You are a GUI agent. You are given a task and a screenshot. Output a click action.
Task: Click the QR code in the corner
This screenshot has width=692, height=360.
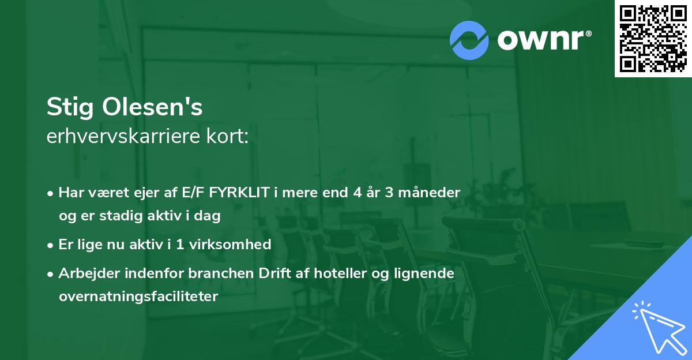(653, 39)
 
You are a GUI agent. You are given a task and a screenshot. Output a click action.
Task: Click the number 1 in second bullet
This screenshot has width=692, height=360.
(180, 244)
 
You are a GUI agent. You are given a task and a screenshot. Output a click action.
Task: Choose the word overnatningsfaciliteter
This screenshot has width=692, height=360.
(138, 297)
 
